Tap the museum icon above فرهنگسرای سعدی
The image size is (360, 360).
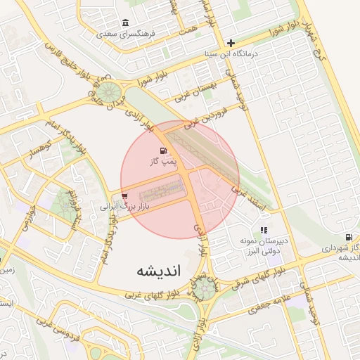(x=125, y=22)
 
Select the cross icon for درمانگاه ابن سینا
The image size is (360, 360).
(x=230, y=42)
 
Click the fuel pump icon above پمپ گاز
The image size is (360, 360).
(x=164, y=150)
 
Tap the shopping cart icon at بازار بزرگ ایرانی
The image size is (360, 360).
(x=124, y=195)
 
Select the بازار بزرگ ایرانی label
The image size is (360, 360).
(x=124, y=207)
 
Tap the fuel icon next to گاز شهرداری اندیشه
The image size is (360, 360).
(x=349, y=237)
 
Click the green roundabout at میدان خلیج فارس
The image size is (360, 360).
(x=108, y=92)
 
